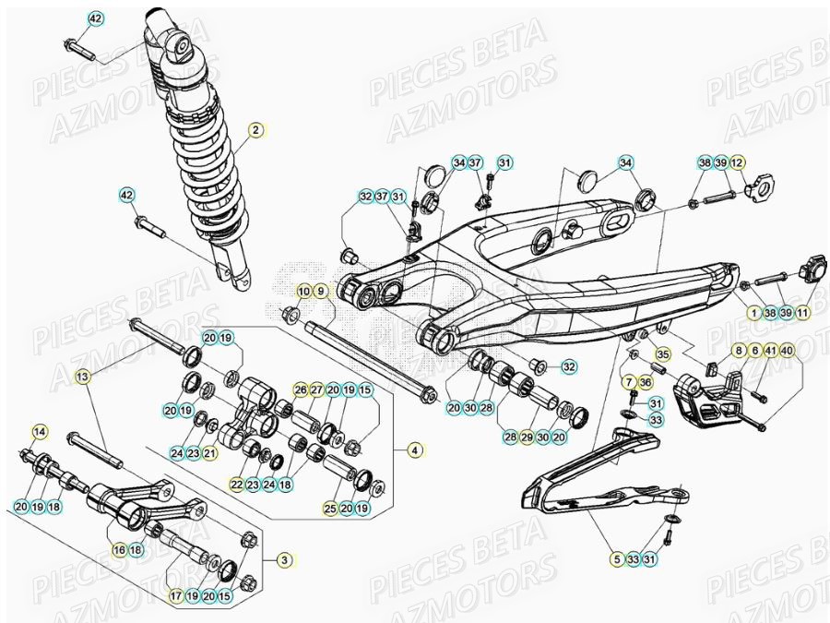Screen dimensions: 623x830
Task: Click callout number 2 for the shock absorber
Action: (255, 130)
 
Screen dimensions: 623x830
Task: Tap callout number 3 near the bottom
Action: (285, 560)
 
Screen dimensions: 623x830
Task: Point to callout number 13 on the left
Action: (82, 377)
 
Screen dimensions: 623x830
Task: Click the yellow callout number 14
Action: (39, 431)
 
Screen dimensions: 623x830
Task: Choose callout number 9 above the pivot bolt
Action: (321, 292)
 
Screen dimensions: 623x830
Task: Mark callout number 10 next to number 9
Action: (303, 292)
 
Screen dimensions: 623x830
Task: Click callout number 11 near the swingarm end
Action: (802, 313)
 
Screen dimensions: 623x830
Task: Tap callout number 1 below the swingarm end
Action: (753, 313)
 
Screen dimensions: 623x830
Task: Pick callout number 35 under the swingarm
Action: (660, 353)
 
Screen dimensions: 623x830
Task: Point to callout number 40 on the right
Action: (787, 351)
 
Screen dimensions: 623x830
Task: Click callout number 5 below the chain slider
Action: (616, 558)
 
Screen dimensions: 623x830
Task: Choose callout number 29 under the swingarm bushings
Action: (527, 437)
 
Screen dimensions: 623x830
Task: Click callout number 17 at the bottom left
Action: (175, 596)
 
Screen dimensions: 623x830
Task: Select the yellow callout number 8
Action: (739, 351)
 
